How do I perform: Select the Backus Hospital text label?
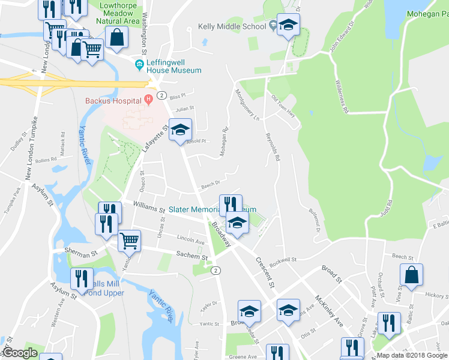click(x=113, y=100)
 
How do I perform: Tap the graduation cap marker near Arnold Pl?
click(x=179, y=130)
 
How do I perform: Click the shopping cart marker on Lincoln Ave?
click(x=130, y=242)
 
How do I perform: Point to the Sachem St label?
click(x=191, y=257)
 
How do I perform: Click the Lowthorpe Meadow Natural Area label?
click(x=118, y=13)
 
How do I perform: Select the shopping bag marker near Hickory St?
click(x=412, y=275)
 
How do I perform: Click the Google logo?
click(x=20, y=353)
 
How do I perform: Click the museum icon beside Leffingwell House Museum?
click(x=140, y=64)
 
